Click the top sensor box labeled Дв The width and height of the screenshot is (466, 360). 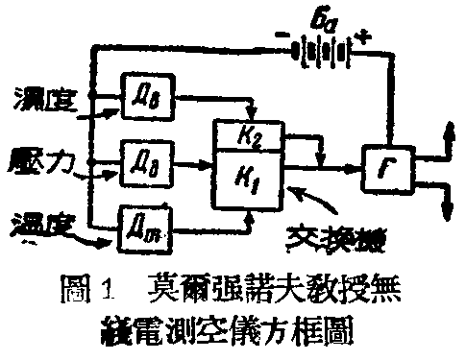pyautogui.click(x=145, y=91)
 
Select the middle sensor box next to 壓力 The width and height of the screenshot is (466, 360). pyautogui.click(x=145, y=154)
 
